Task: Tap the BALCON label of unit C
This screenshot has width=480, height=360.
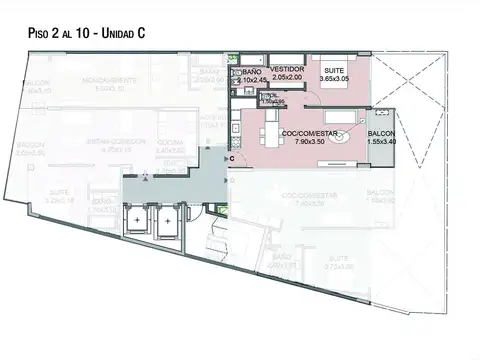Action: pos(381,133)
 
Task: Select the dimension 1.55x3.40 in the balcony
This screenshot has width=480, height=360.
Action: pos(381,141)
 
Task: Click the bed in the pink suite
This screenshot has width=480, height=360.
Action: pos(335,90)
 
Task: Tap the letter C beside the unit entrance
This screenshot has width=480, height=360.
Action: pos(231,158)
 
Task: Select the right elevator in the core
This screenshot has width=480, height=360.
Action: pos(168,222)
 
